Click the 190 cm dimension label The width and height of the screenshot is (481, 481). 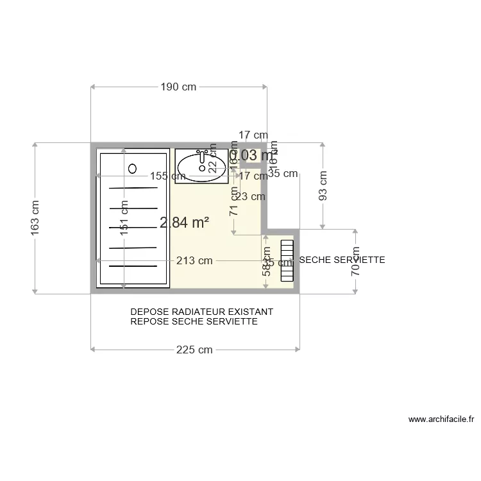coord(178,87)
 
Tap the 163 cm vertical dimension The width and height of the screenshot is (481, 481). coord(35,217)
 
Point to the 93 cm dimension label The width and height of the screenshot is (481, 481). coord(323,185)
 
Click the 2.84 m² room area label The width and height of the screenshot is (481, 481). coord(185,223)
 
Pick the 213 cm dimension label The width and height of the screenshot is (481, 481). coord(194,260)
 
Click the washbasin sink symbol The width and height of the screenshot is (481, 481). coord(201,166)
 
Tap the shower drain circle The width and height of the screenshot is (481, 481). coord(133,169)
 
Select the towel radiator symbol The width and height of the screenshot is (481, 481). coord(287,258)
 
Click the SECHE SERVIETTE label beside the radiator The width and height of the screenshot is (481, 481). coord(342,260)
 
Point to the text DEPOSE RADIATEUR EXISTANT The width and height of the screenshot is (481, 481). coord(201,312)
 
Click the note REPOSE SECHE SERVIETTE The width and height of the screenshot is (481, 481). coord(194,321)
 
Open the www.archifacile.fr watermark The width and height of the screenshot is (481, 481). coord(441,419)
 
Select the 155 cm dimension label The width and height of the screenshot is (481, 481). coord(168,176)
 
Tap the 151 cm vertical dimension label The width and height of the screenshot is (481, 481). coord(124,217)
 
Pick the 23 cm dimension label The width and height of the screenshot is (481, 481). coord(250,196)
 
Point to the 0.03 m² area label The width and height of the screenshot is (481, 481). coord(253,155)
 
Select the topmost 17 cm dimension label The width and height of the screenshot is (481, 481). coord(253,135)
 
